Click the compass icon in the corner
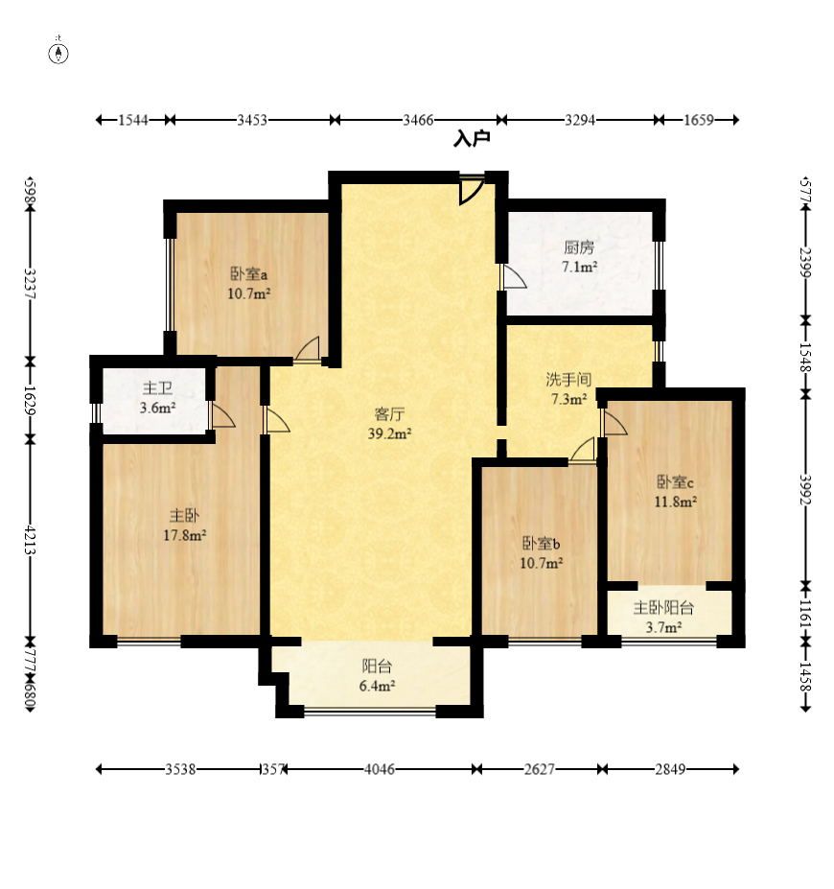click(58, 54)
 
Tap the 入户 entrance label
click(472, 138)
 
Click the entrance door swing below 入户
click(472, 191)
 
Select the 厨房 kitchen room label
click(579, 247)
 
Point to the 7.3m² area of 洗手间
click(568, 399)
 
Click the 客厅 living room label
click(390, 414)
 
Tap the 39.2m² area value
click(390, 433)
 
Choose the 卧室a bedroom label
click(248, 274)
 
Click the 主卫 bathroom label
click(157, 388)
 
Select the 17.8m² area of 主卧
click(185, 535)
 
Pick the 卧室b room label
click(541, 544)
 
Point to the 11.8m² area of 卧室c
click(676, 502)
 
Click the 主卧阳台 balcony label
click(663, 608)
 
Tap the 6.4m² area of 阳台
click(377, 686)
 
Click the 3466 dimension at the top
click(418, 120)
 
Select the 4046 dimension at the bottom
click(379, 769)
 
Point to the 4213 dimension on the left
click(31, 540)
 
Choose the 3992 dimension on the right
click(805, 489)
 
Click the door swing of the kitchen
click(515, 277)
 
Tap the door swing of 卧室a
click(307, 348)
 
